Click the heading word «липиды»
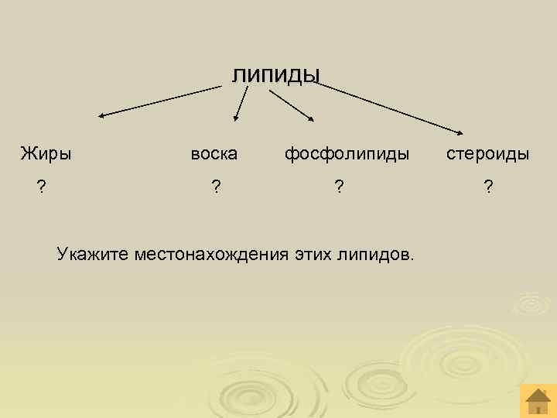[275, 74]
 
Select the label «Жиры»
[46, 153]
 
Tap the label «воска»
[214, 153]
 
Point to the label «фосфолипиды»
[347, 153]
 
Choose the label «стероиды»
[487, 153]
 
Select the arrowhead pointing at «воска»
[237, 118]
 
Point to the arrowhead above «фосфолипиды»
[309, 118]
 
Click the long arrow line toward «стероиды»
[387, 106]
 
